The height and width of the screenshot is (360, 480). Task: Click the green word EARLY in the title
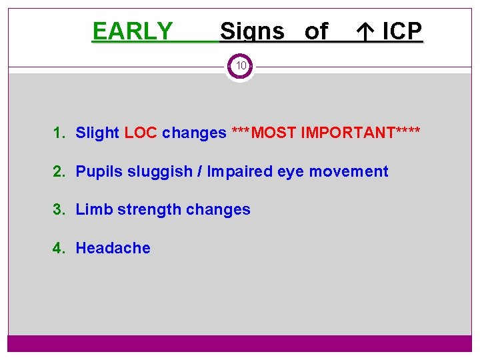[x=132, y=31]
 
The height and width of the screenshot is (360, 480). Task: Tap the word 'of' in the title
[x=316, y=31]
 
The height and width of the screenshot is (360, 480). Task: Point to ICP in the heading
[x=402, y=31]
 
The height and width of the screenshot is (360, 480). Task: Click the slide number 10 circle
[x=240, y=66]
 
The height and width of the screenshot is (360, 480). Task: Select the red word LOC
[x=141, y=133]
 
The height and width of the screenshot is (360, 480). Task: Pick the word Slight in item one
[x=97, y=133]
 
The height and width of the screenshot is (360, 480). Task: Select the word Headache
[x=113, y=248]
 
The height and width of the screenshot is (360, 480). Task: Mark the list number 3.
[x=58, y=209]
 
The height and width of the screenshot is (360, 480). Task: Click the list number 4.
[x=58, y=248]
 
